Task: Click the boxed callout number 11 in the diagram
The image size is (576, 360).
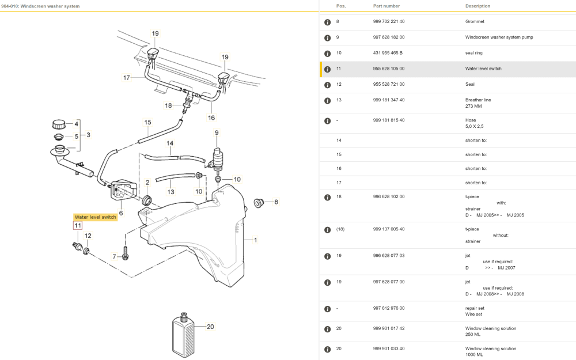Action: [78, 225]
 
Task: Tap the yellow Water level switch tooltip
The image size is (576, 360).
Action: [95, 217]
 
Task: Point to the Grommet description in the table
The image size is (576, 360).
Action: [475, 21]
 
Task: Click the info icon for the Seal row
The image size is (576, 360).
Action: [327, 85]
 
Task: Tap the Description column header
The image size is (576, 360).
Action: [478, 6]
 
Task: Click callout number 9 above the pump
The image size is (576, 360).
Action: [217, 133]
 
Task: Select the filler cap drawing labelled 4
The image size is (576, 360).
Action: [58, 124]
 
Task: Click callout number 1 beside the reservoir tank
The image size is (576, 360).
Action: [255, 240]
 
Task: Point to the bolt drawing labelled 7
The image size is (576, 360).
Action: [126, 255]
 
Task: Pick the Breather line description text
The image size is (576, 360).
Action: [478, 100]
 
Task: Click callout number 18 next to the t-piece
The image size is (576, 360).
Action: [168, 105]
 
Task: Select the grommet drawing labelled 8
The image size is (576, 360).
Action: [258, 202]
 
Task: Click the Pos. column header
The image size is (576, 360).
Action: [341, 6]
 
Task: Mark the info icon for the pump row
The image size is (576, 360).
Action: [327, 37]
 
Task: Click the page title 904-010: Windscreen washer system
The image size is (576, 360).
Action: [40, 6]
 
